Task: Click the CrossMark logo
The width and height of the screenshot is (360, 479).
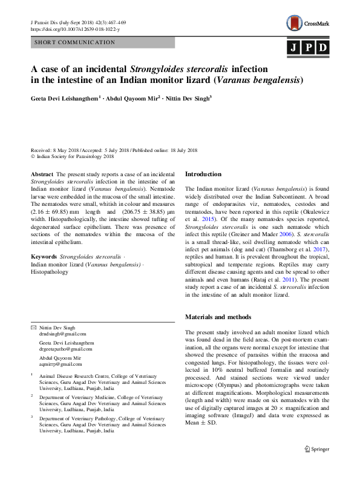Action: point(308,24)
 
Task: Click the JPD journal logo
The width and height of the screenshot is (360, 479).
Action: point(308,47)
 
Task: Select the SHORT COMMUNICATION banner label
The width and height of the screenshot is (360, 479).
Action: point(75,42)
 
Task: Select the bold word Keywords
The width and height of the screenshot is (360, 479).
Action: point(45,257)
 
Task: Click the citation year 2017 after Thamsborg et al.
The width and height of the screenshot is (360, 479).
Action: point(317,249)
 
